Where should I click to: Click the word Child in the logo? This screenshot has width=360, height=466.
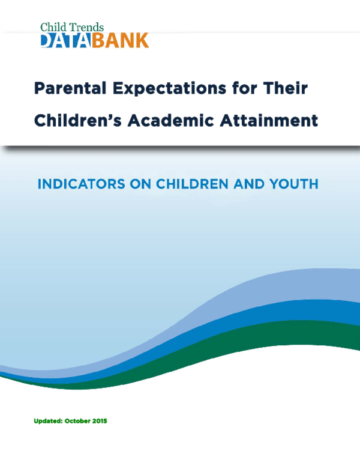tap(52, 27)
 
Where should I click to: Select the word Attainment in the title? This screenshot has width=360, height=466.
tap(274, 121)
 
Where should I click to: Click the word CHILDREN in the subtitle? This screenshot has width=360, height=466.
tap(187, 184)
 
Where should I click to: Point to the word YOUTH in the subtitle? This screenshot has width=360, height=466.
tap(296, 184)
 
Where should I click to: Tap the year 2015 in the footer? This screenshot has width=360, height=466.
tap(100, 422)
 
